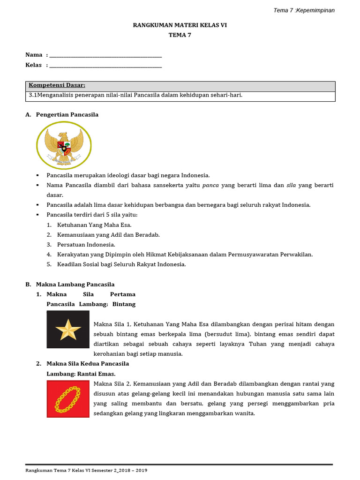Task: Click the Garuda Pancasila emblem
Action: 64,145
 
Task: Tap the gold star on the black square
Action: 68,330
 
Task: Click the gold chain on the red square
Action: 68,399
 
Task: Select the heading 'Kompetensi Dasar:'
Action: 57,85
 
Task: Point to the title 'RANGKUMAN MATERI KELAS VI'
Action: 180,25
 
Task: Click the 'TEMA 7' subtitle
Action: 180,35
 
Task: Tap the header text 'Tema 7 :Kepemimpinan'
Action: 304,10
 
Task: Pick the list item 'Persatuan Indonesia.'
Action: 86,245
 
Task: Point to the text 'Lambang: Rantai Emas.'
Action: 81,374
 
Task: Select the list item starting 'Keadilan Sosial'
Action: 121,264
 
